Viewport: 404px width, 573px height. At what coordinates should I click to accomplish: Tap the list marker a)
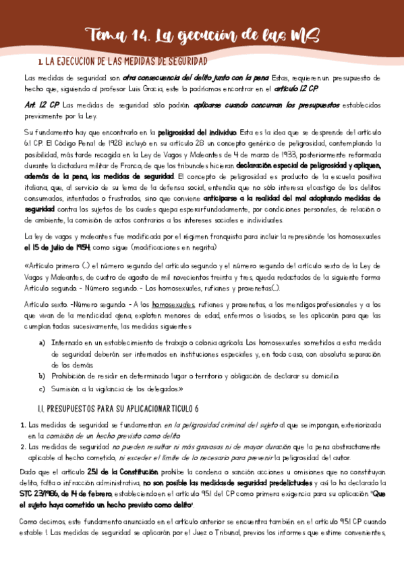pos(43,344)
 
